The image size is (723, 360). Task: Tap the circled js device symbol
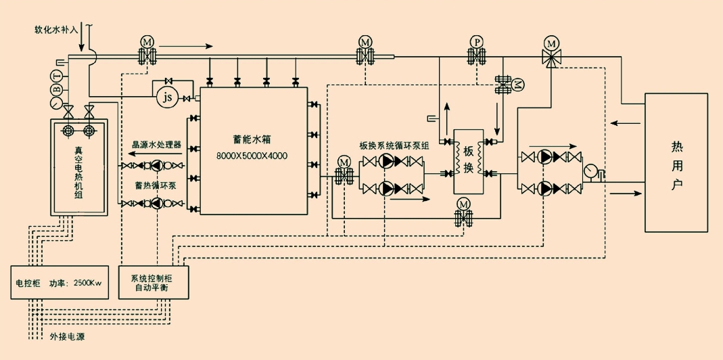[x=166, y=97]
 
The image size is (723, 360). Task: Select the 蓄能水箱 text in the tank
[x=252, y=140]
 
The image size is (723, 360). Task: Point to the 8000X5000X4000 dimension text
[x=252, y=156]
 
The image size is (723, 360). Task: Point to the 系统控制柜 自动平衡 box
[x=155, y=282]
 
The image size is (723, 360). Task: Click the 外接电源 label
[x=68, y=336]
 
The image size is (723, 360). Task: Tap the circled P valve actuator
[x=477, y=43]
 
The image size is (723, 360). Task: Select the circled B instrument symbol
[x=58, y=88]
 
